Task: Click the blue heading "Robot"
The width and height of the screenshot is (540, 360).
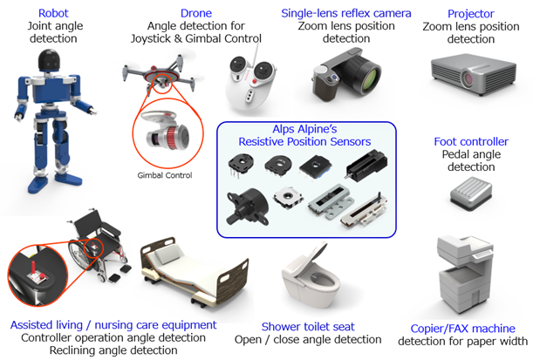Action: click(x=53, y=13)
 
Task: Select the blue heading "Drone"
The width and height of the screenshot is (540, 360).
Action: click(x=195, y=13)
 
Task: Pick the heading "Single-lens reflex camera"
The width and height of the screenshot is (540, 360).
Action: click(x=345, y=13)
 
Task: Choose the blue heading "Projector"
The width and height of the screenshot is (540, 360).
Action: click(x=470, y=13)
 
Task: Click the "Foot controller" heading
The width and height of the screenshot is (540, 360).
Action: click(x=471, y=141)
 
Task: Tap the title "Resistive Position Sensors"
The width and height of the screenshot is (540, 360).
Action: click(x=304, y=141)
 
